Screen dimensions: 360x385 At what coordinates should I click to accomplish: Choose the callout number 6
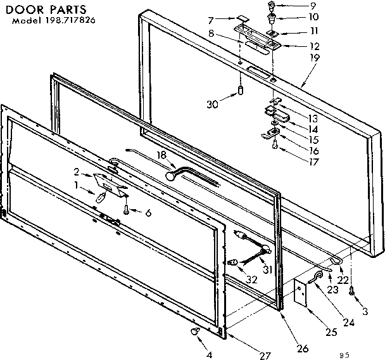point(148,214)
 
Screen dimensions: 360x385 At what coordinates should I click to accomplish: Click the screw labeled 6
point(126,210)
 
